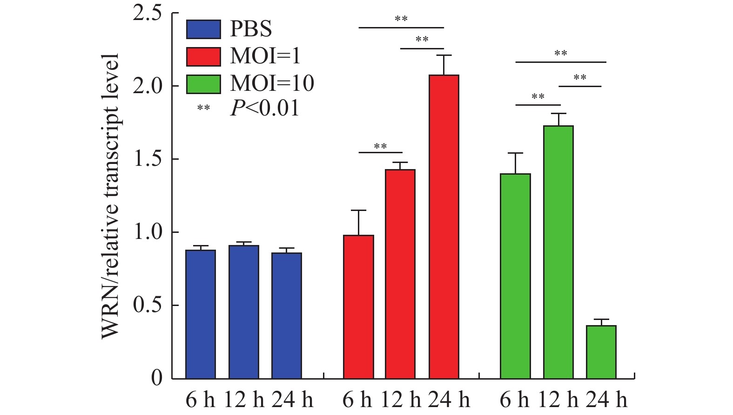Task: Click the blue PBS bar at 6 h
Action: (x=201, y=314)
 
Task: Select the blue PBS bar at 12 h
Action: (x=243, y=312)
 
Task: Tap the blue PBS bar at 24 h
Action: (x=287, y=316)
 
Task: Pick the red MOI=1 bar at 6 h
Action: (x=358, y=307)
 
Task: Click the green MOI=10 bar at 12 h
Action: (x=558, y=252)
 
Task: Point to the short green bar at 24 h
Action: (x=601, y=352)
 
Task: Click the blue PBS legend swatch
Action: (x=203, y=29)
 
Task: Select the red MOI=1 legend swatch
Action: (x=203, y=56)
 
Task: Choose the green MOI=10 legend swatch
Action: (x=203, y=84)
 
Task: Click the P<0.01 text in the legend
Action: (x=264, y=109)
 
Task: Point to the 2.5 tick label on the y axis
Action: (x=148, y=13)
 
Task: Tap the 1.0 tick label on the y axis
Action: (x=148, y=232)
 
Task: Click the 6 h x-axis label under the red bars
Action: (x=357, y=400)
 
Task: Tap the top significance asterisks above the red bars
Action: (x=401, y=20)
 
